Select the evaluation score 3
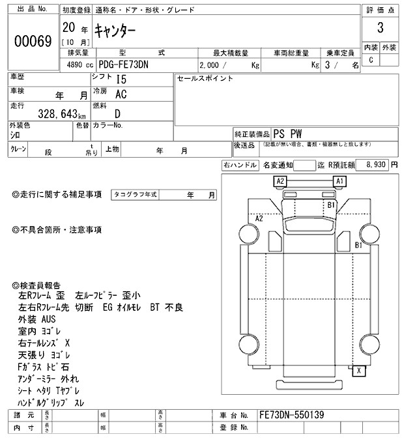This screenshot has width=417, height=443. click(x=379, y=29)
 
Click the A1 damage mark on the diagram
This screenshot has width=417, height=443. click(x=339, y=180)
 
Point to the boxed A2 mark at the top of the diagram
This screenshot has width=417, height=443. click(x=280, y=180)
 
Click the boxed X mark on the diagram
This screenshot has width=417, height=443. click(x=359, y=371)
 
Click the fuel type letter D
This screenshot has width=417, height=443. click(x=118, y=113)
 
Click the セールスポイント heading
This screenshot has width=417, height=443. click(x=205, y=79)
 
